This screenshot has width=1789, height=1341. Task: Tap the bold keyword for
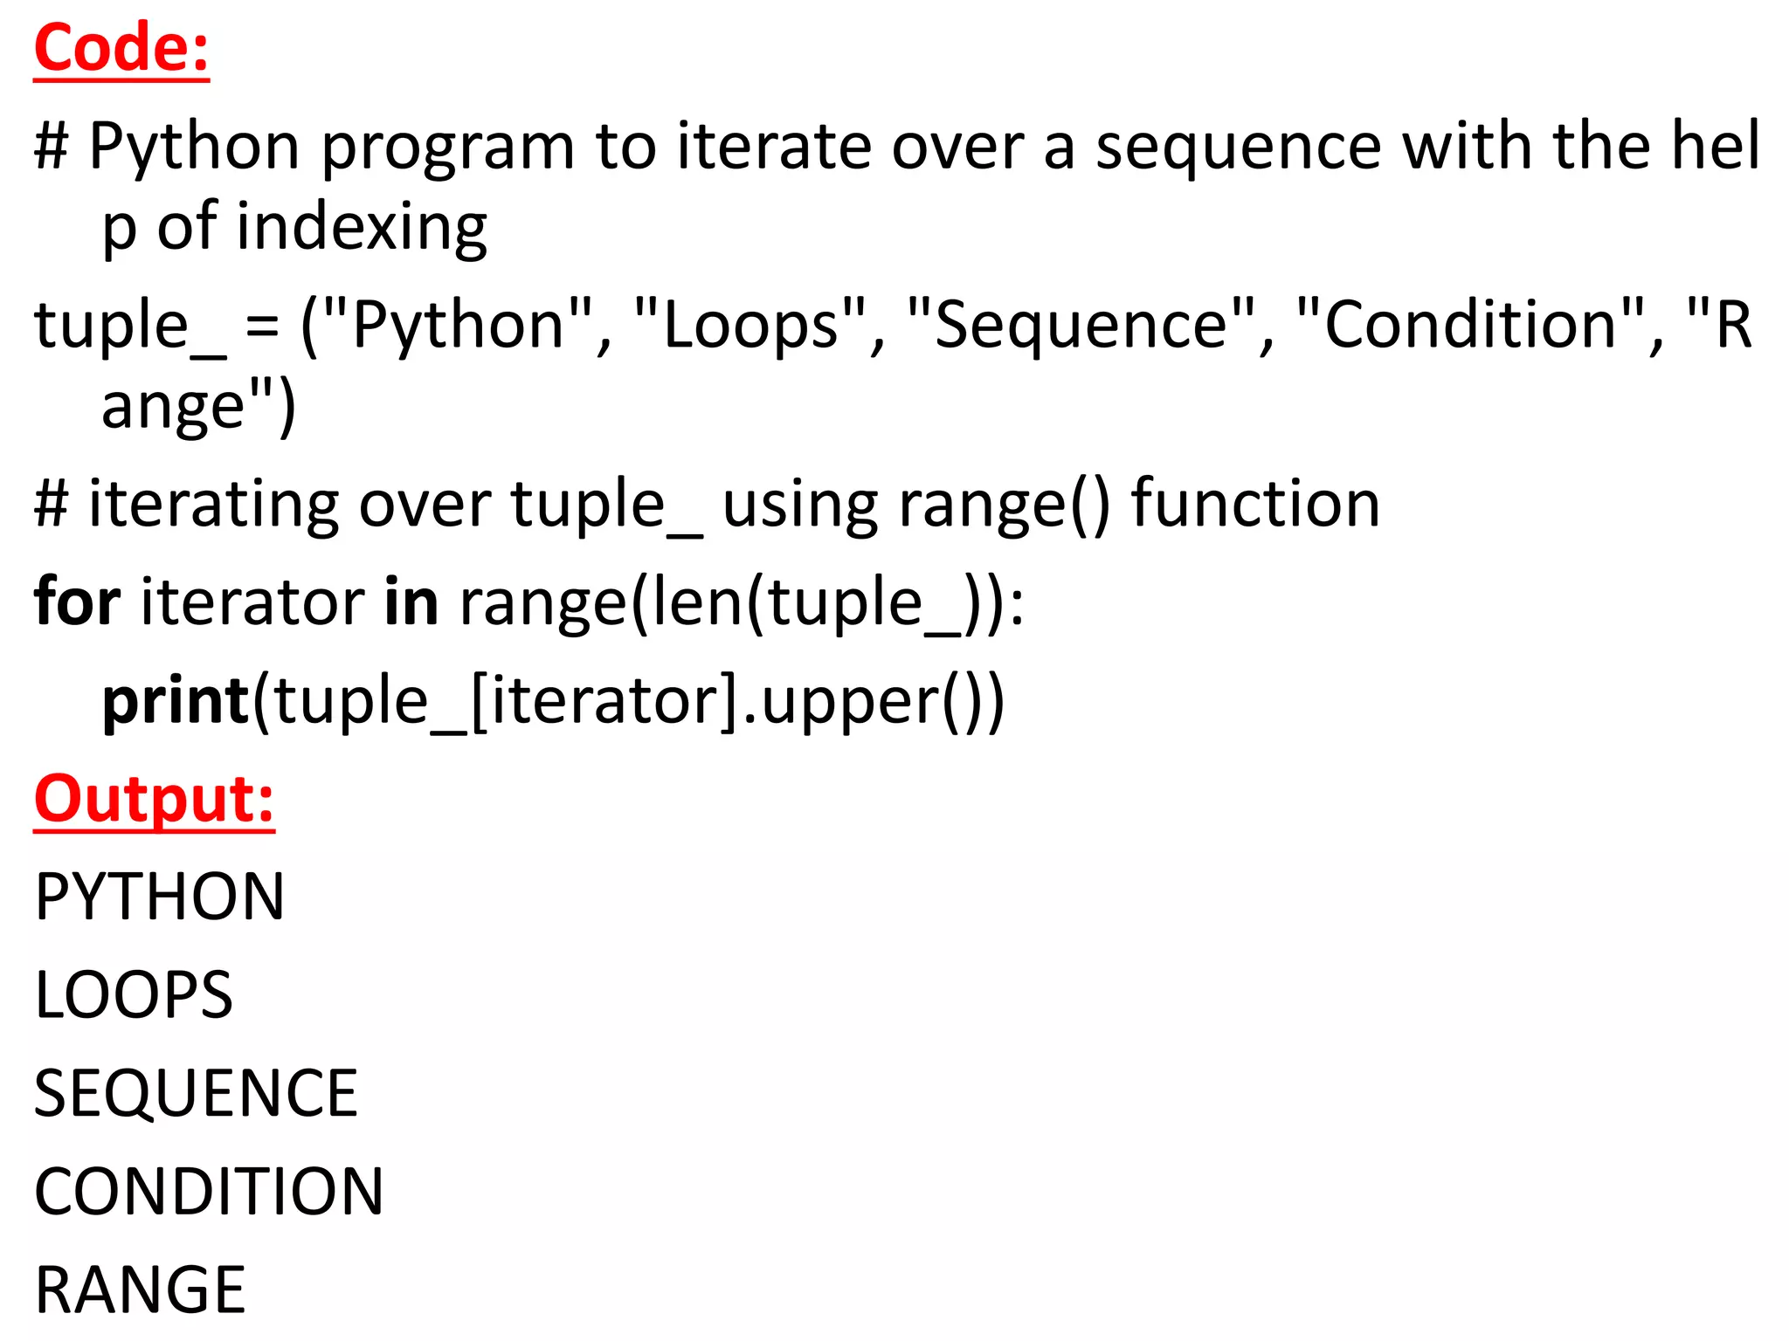click(x=77, y=602)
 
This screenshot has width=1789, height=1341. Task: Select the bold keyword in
click(x=411, y=602)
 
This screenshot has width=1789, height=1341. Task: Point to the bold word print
click(x=176, y=700)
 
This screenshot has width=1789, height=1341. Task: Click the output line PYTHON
click(x=160, y=897)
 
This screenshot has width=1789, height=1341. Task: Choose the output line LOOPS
click(x=134, y=995)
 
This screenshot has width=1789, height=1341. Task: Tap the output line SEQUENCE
click(x=196, y=1094)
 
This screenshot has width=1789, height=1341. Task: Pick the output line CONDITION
click(x=209, y=1192)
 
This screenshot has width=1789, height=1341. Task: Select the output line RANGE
click(x=141, y=1290)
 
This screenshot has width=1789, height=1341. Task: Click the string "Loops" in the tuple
click(x=750, y=325)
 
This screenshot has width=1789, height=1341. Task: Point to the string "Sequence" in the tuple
click(x=1081, y=325)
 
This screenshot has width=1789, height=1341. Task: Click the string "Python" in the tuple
click(x=458, y=325)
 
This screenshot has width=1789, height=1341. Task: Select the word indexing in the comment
click(x=362, y=227)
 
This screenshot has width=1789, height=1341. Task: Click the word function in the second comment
click(x=1255, y=504)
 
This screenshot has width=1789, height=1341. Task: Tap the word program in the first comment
click(x=448, y=147)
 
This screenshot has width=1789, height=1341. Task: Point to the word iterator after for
click(x=252, y=602)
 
